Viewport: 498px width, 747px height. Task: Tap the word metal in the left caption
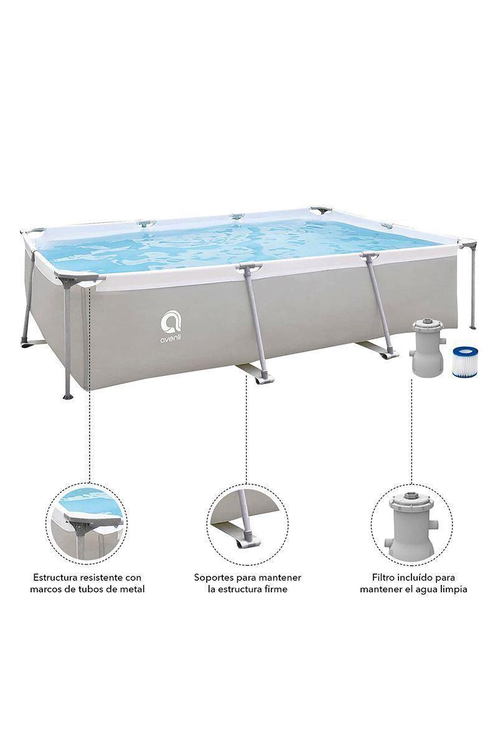coord(132,588)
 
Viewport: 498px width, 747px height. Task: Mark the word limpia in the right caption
coord(452,588)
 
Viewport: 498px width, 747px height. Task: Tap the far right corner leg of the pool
coord(472,286)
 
